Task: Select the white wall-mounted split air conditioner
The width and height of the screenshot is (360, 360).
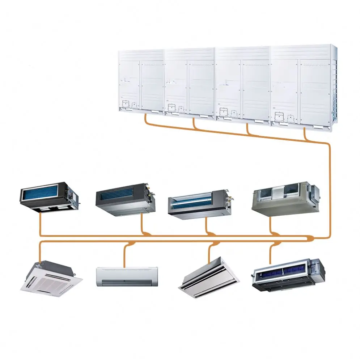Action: tap(127, 276)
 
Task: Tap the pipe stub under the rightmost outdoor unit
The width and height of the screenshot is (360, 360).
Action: tap(305, 135)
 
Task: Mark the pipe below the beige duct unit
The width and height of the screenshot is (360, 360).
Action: tap(271, 225)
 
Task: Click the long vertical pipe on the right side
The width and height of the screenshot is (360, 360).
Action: tap(329, 188)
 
